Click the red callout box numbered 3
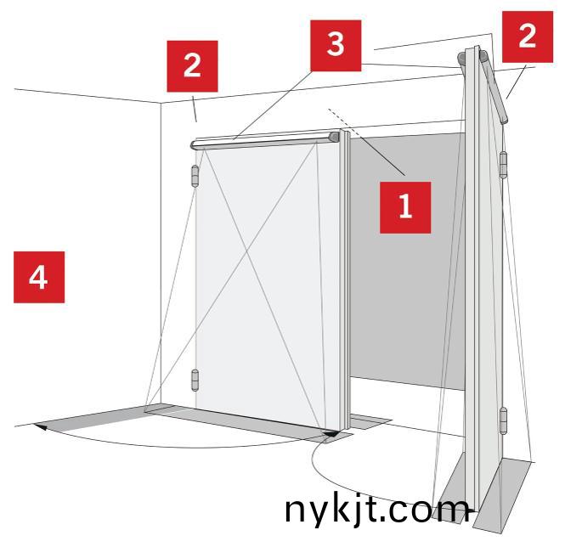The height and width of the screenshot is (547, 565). (x=336, y=45)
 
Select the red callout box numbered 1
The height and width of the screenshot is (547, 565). (x=405, y=207)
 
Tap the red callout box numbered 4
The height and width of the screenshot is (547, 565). (x=39, y=277)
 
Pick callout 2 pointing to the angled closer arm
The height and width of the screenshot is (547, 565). (x=528, y=37)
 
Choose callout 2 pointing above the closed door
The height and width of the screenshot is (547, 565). (x=192, y=66)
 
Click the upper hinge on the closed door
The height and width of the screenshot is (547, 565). (x=195, y=176)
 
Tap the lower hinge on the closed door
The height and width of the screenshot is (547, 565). (x=195, y=381)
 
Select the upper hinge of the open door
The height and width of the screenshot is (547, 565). (x=503, y=166)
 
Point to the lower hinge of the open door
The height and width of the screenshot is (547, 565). (x=503, y=421)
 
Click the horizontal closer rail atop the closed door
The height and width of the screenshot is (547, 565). (x=265, y=141)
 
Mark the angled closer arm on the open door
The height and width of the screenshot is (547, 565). (x=494, y=87)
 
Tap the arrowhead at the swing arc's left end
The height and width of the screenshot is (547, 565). (x=41, y=427)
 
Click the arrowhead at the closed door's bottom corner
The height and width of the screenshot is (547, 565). (x=332, y=433)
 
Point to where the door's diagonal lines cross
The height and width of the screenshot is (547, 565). (x=247, y=253)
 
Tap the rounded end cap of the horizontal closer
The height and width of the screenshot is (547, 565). (x=335, y=137)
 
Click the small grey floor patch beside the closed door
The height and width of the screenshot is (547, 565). (x=370, y=421)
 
